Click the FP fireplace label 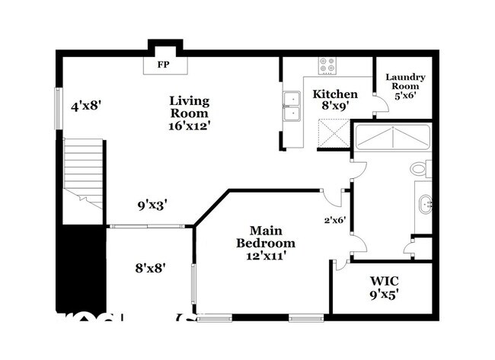(x=162, y=65)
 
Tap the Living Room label (x=190, y=107)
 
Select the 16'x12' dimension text (x=190, y=127)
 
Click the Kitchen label (x=335, y=94)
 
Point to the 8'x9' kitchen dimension (x=335, y=107)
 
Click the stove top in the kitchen (x=328, y=65)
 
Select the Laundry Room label (x=405, y=82)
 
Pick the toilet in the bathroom (x=420, y=168)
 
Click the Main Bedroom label (x=265, y=236)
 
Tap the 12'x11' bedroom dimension (x=265, y=257)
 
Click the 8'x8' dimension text (x=151, y=267)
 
